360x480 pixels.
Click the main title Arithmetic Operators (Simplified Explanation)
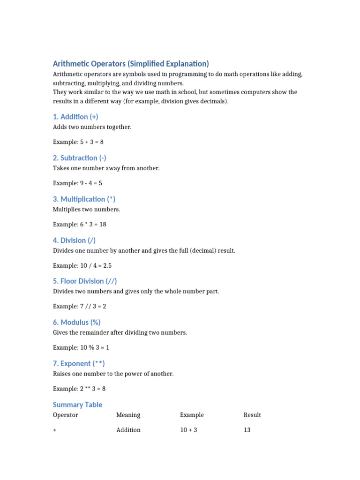coord(131,64)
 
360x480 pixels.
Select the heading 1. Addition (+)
coord(75,117)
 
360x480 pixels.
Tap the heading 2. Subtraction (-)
coord(80,158)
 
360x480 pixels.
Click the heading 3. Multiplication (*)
coord(84,199)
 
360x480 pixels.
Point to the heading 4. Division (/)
coord(74,240)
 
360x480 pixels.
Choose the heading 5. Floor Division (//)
coord(85,281)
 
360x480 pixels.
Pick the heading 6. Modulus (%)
coord(76,322)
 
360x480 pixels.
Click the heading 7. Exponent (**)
coord(79,364)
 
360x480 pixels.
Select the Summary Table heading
coord(77,405)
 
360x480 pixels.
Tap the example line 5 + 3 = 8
coord(78,142)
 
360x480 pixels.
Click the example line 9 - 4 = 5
coord(77,183)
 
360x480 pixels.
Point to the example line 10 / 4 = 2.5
coord(82,266)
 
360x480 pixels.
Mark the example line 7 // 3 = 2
coord(79,307)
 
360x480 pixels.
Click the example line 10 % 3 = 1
coord(81,348)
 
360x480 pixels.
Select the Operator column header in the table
coord(66,415)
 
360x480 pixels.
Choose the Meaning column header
coord(128,415)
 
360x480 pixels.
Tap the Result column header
coord(252,415)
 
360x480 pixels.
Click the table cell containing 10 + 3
coord(189,430)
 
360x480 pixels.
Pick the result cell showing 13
coord(247,430)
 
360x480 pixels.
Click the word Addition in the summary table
coord(128,430)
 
